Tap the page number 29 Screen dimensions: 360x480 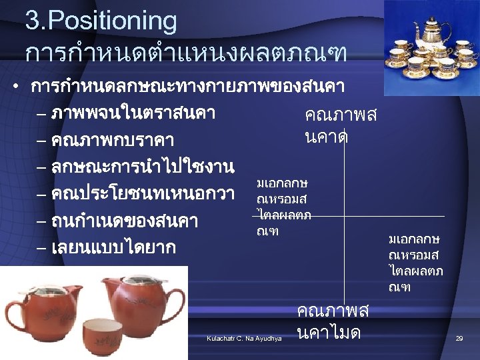(459, 339)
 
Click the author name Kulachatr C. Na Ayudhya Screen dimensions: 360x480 (245, 339)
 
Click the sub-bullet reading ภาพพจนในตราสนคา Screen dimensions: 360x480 (133, 113)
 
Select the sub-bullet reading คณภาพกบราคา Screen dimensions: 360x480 (113, 141)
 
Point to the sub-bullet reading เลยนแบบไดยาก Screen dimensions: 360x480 (114, 248)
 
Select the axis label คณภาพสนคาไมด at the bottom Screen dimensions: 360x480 (332, 321)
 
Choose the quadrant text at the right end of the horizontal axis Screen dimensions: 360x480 (415, 263)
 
